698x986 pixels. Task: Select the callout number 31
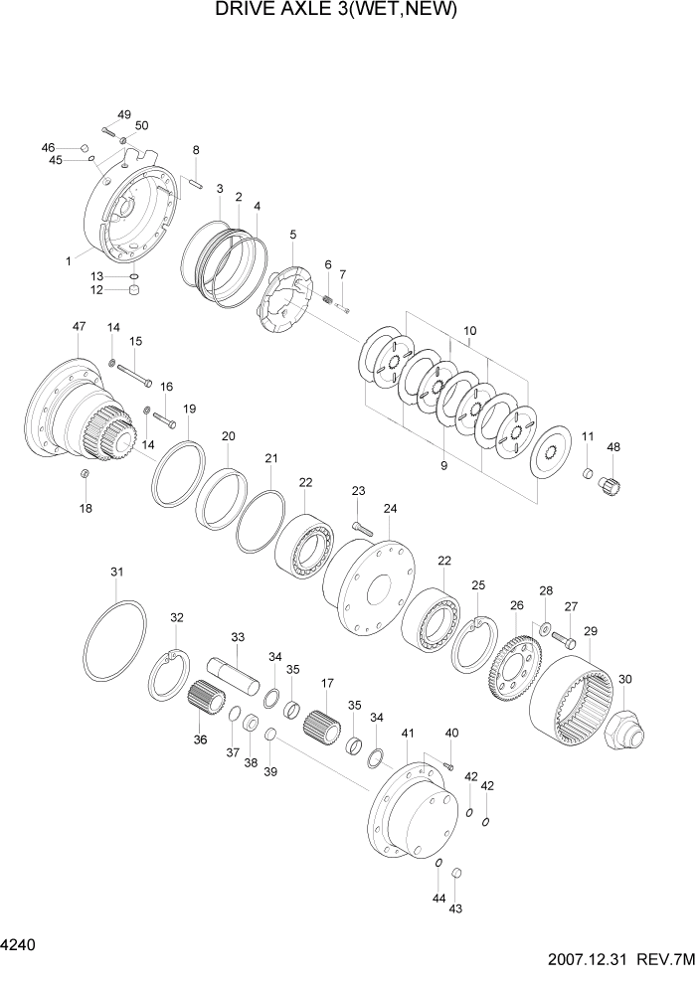click(x=117, y=572)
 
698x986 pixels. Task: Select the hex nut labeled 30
click(x=624, y=732)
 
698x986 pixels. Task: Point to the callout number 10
click(x=470, y=330)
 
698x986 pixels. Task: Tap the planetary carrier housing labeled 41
click(x=410, y=804)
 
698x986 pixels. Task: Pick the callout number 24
click(x=390, y=508)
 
